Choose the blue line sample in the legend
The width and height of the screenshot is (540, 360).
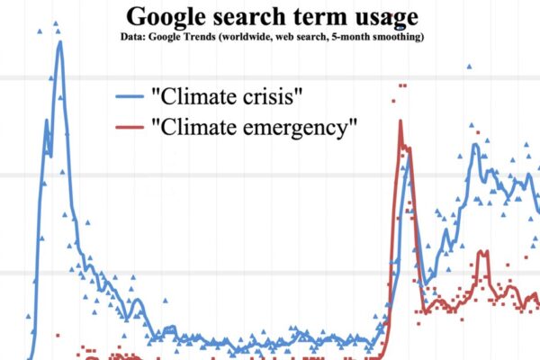(x=130, y=95)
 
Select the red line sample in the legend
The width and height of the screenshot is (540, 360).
(x=130, y=128)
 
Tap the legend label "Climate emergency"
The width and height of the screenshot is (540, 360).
(x=257, y=128)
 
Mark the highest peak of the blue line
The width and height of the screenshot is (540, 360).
(x=59, y=42)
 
